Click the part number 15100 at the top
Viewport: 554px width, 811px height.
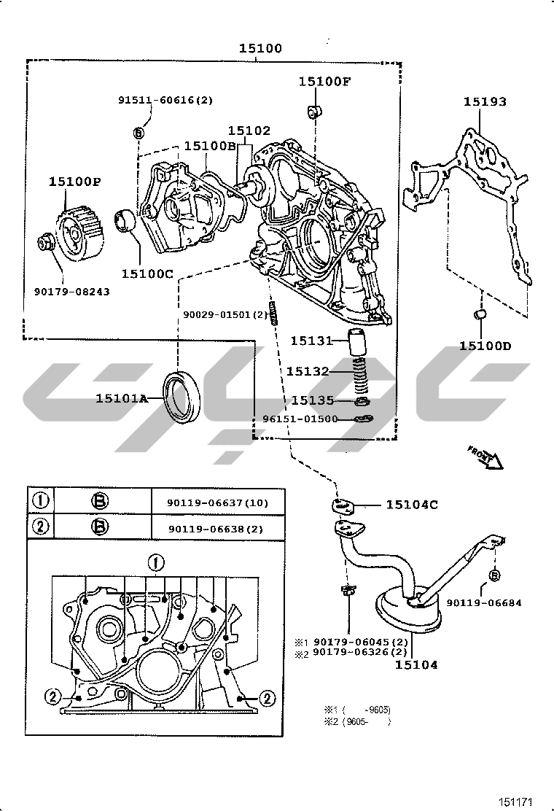coord(260,49)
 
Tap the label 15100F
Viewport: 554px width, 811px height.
coord(324,82)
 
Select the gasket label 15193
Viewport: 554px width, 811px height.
coord(485,102)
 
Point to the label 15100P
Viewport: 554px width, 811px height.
coord(75,182)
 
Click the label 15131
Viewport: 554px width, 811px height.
coord(311,341)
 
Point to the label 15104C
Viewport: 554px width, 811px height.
coord(412,505)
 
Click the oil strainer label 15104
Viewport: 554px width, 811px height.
coord(416,664)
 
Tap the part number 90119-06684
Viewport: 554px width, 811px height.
coord(484,603)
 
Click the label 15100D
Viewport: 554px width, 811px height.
coord(485,346)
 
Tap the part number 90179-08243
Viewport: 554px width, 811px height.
coord(71,292)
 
